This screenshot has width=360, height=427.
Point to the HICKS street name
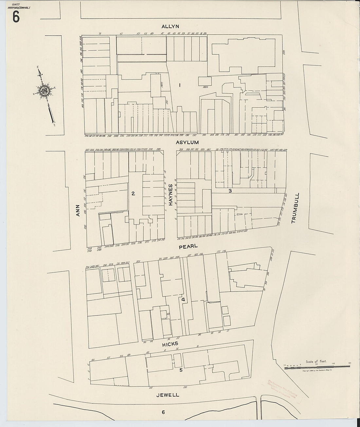[170, 344]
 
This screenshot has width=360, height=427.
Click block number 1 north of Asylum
[180, 85]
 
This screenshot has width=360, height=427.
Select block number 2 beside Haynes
[133, 193]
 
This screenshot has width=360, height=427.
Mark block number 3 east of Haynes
[230, 191]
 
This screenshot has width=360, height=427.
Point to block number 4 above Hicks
[183, 299]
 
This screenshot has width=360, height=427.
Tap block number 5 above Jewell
[181, 370]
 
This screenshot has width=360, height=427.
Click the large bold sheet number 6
[16, 17]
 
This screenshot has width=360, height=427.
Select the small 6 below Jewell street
[163, 412]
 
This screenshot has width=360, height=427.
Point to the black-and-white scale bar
[317, 368]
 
